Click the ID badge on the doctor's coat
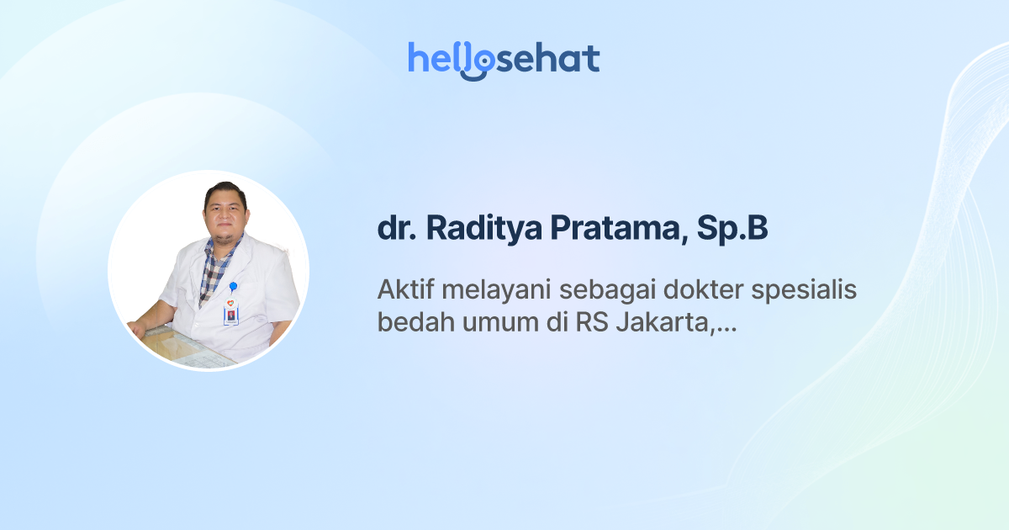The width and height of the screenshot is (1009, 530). [230, 315]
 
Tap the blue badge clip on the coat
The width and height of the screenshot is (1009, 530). [233, 288]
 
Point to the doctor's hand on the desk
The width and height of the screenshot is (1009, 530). [137, 330]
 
